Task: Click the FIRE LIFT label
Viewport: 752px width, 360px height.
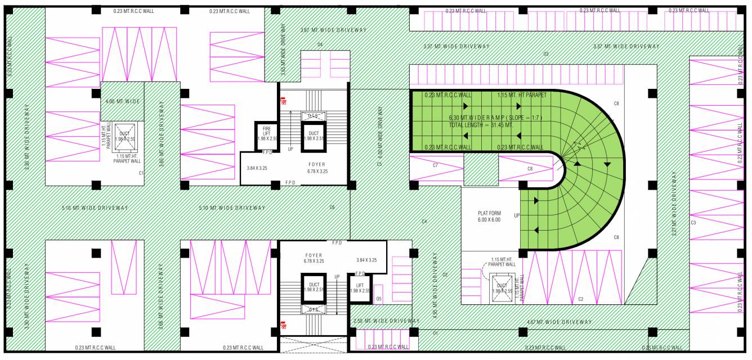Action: tap(266, 133)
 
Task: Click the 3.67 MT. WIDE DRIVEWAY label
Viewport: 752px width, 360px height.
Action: tap(333, 30)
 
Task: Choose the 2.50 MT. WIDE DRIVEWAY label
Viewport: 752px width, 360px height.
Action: tap(386, 321)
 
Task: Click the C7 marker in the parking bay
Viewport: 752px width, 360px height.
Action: tap(435, 165)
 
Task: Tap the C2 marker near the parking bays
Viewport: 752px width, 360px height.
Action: tap(580, 299)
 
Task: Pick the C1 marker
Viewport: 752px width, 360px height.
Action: tap(142, 173)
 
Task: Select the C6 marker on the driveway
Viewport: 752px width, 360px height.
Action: tap(332, 208)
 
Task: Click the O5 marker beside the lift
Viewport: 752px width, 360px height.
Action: tap(379, 299)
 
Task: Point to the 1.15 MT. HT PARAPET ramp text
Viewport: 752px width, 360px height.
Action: tap(522, 95)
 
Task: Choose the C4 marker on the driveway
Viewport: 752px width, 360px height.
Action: tap(424, 222)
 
